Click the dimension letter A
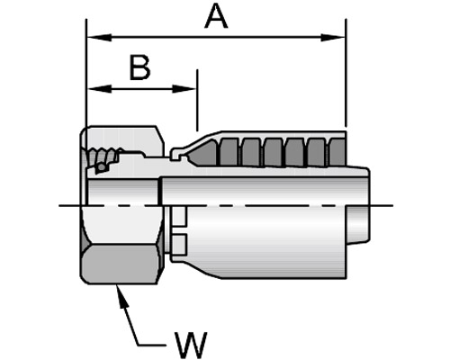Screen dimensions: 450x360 pyautogui.click(x=216, y=17)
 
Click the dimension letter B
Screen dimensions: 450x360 pyautogui.click(x=139, y=67)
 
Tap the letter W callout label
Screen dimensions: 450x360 pyautogui.click(x=192, y=345)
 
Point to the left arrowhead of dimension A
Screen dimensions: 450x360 pyautogui.click(x=99, y=38)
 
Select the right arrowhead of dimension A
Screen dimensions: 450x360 pyautogui.click(x=333, y=38)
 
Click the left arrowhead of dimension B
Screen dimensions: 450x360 pyautogui.click(x=99, y=89)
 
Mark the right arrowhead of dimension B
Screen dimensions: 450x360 pyautogui.click(x=184, y=89)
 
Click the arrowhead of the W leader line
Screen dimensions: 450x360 pyautogui.click(x=122, y=297)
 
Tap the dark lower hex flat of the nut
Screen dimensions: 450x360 pyautogui.click(x=120, y=264)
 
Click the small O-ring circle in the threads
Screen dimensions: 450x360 pyautogui.click(x=102, y=166)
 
